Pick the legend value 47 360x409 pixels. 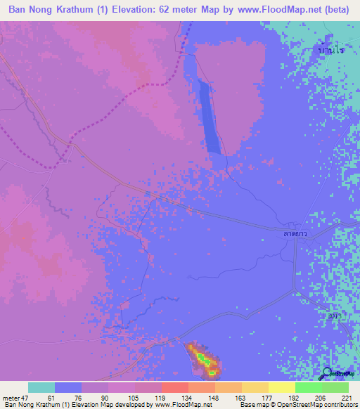(x=23, y=398)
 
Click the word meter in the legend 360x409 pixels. (x=9, y=398)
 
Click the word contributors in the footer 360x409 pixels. (x=338, y=405)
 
